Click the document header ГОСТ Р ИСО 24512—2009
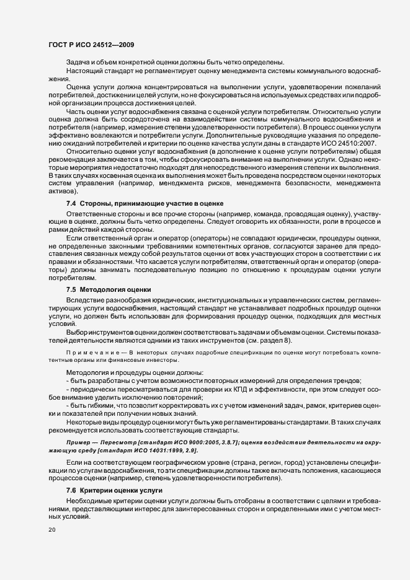[x=91, y=45]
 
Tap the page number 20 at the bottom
[x=51, y=530]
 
